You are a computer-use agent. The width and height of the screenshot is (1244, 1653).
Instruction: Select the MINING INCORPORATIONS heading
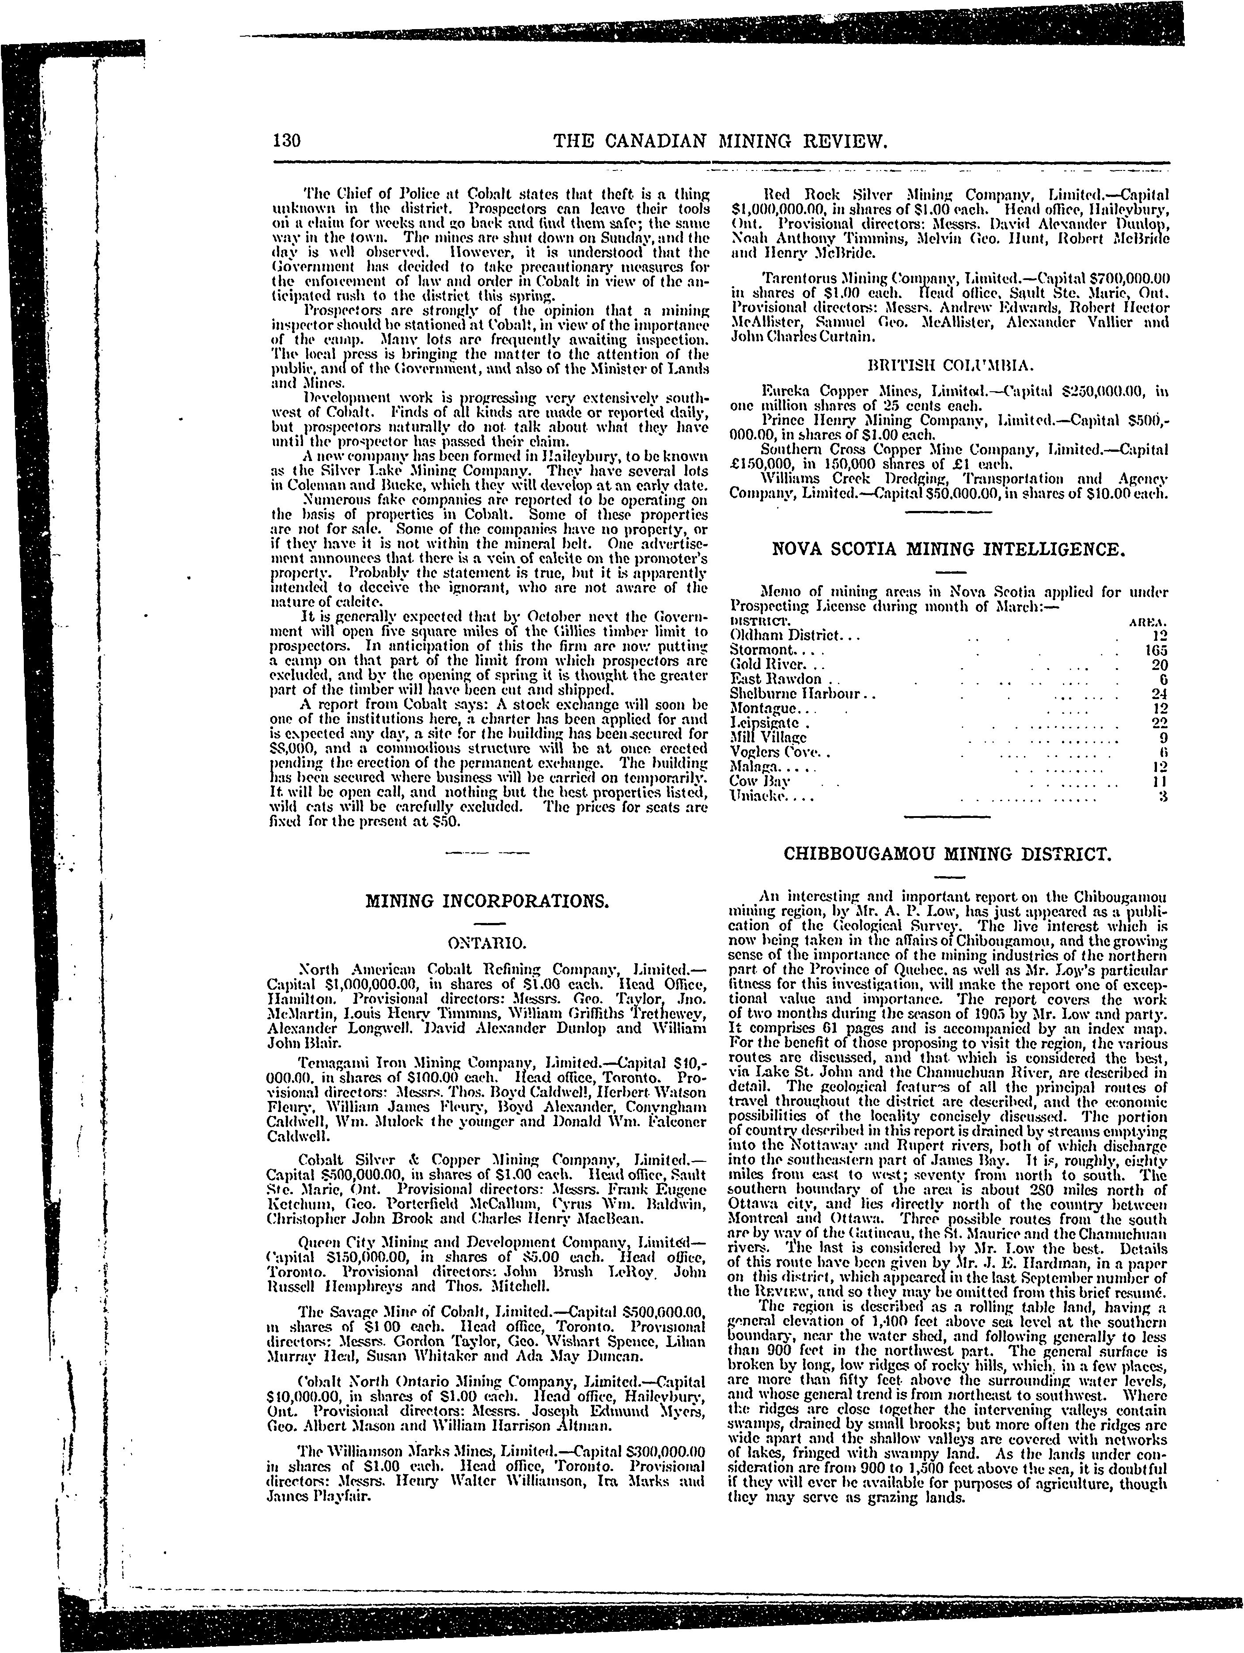coord(487,901)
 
